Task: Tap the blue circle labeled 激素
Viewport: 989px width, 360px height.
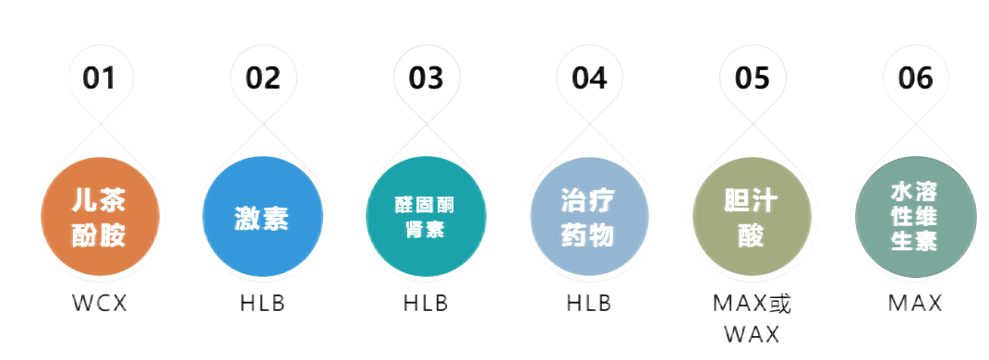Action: [262, 219]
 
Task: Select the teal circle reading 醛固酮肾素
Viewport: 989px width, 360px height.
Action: [426, 219]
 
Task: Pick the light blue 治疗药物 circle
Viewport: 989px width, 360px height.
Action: [588, 219]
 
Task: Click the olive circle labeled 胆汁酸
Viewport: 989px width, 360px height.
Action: [751, 219]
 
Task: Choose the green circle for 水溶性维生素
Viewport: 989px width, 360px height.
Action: [914, 219]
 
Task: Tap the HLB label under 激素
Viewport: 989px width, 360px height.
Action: [262, 303]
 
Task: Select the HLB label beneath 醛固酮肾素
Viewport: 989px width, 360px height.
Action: [426, 303]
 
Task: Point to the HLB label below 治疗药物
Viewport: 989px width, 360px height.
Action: [588, 303]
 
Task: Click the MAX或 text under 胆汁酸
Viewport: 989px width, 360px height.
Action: [751, 303]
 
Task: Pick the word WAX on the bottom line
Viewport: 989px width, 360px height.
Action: [751, 332]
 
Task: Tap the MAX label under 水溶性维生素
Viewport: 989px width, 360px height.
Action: [914, 303]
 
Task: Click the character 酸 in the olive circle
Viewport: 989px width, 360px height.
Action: [751, 236]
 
